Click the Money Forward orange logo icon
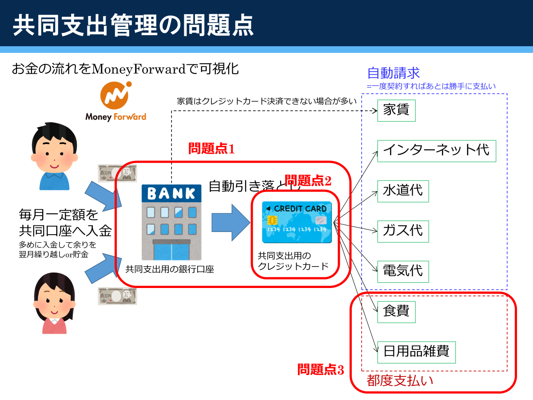pyautogui.click(x=116, y=95)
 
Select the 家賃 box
pyautogui.click(x=396, y=111)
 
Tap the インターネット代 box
pyautogui.click(x=437, y=151)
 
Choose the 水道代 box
pyautogui.click(x=403, y=191)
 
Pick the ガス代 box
pyautogui.click(x=403, y=232)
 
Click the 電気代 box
pyautogui.click(x=403, y=272)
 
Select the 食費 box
pyautogui.click(x=396, y=312)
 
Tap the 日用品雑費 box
pyautogui.click(x=417, y=352)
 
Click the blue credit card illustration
pyautogui.click(x=297, y=222)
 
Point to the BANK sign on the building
pyautogui.click(x=171, y=193)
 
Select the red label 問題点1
pyautogui.click(x=211, y=148)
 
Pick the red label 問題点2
pyautogui.click(x=308, y=180)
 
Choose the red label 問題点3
pyautogui.click(x=321, y=369)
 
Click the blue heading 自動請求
pyautogui.click(x=394, y=73)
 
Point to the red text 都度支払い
pyautogui.click(x=400, y=380)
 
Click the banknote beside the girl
pyautogui.click(x=117, y=296)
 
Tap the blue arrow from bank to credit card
pyautogui.click(x=231, y=223)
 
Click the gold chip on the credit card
pyautogui.click(x=272, y=220)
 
